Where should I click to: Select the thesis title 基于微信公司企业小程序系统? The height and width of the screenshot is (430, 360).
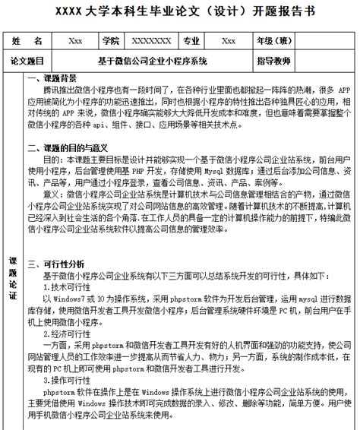pyautogui.click(x=152, y=60)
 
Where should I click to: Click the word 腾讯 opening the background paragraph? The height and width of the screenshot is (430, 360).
pyautogui.click(x=52, y=90)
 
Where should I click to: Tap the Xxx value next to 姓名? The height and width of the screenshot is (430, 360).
pyautogui.click(x=75, y=40)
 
